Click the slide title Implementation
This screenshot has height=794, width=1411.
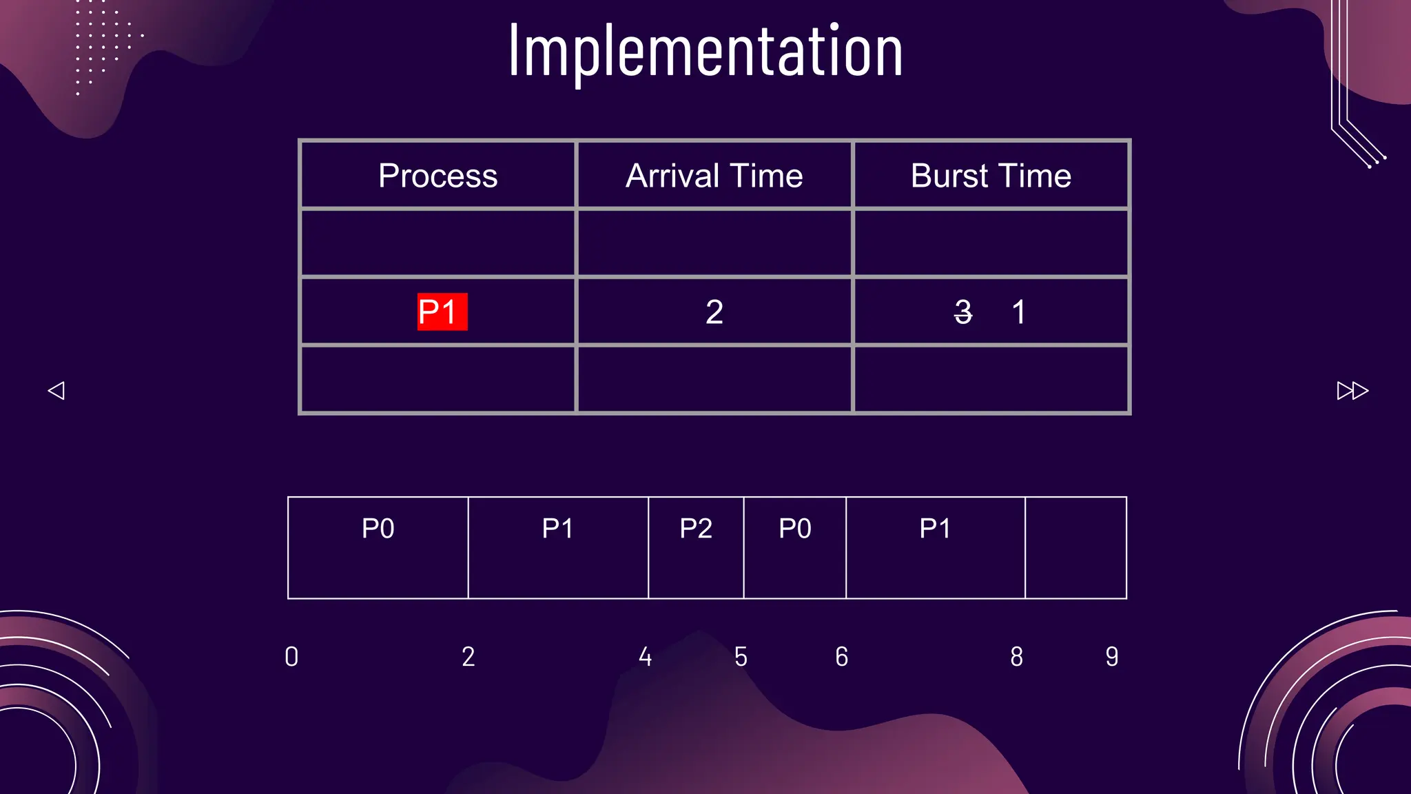click(705, 51)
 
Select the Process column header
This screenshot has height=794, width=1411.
click(437, 176)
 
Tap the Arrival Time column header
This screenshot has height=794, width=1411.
click(714, 176)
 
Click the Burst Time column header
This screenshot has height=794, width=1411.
click(991, 176)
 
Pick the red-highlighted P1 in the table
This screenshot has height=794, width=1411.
click(442, 312)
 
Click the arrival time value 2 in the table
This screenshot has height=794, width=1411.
click(714, 312)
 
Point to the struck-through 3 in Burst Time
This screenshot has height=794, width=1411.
click(963, 312)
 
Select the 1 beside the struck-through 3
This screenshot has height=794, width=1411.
click(1018, 312)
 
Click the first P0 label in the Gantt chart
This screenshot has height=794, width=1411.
click(378, 529)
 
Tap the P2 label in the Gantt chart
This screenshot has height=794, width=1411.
click(696, 529)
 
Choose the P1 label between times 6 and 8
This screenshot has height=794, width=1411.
click(935, 529)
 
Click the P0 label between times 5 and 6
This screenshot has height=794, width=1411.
click(795, 529)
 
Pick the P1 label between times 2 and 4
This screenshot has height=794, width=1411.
click(557, 529)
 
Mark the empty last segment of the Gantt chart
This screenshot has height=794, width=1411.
click(1075, 548)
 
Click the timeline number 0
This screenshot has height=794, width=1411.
click(291, 657)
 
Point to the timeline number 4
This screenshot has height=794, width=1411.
click(645, 657)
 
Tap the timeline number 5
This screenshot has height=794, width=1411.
click(741, 657)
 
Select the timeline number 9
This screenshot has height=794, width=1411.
click(1112, 657)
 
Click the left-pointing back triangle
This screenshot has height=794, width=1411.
click(56, 391)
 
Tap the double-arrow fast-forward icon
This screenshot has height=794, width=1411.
click(1352, 391)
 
